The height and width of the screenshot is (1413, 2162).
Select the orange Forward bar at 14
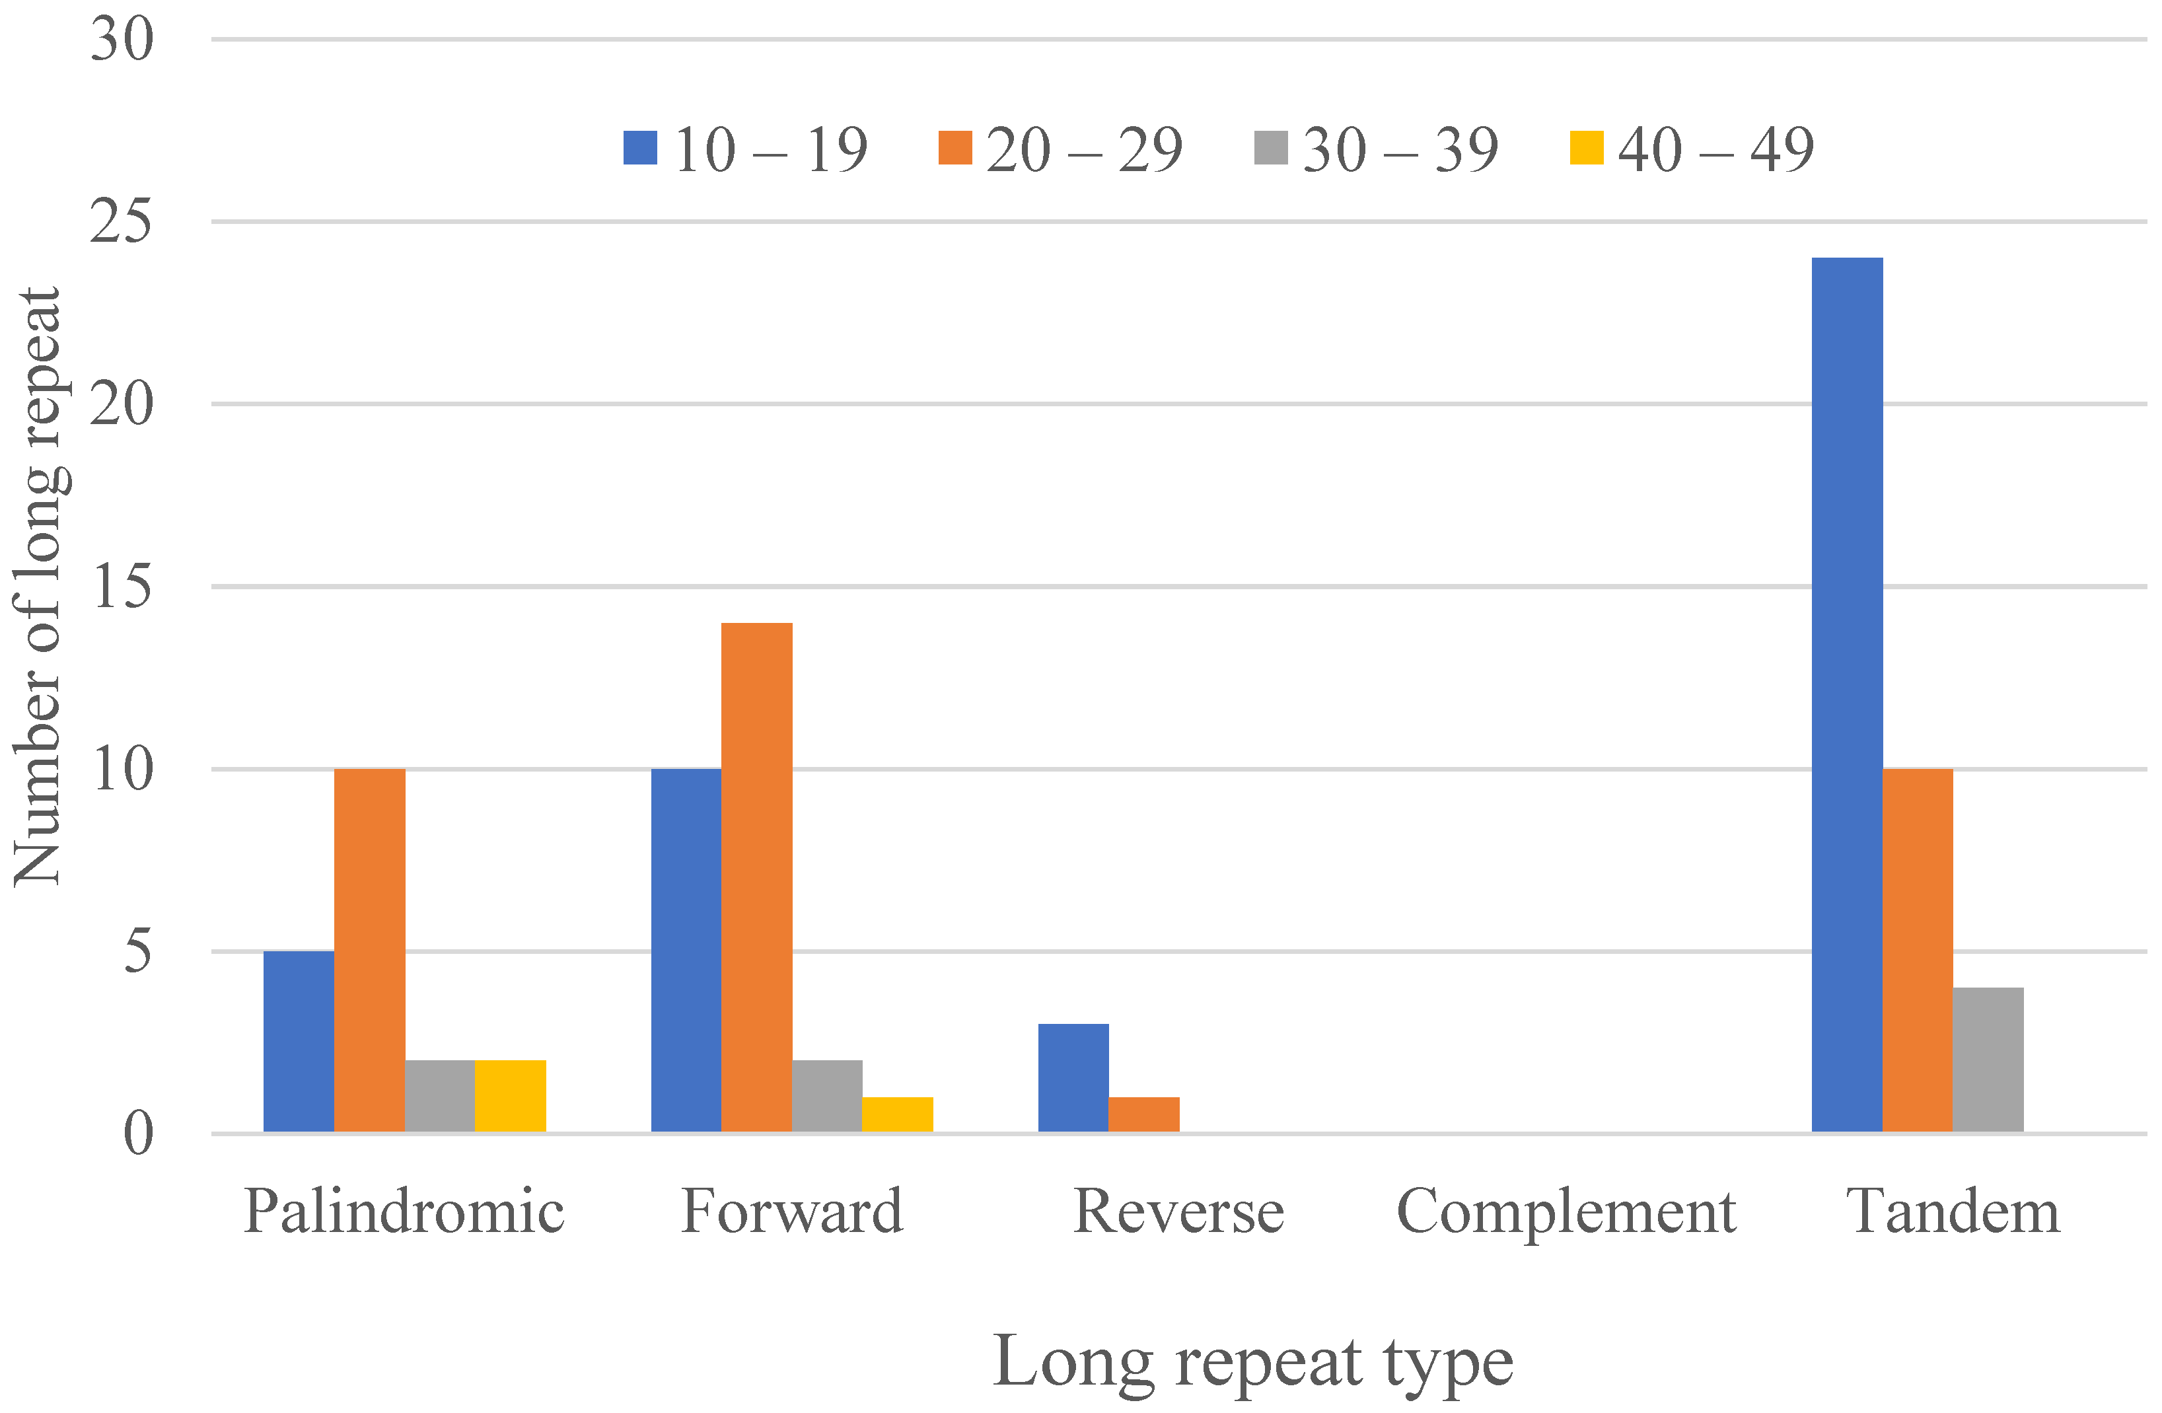tap(757, 877)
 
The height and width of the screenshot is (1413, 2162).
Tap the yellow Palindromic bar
tap(511, 1096)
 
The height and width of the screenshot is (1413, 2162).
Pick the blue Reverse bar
tap(1073, 1077)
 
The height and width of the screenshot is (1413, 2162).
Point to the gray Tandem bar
tap(1988, 1060)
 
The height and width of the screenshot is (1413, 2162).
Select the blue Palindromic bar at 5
tap(299, 1041)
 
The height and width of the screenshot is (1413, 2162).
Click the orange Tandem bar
tap(1917, 951)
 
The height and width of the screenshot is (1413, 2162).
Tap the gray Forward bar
tap(826, 1096)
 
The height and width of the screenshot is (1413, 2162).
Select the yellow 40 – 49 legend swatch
tap(1586, 148)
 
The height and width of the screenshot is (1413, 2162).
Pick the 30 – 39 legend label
tap(1400, 149)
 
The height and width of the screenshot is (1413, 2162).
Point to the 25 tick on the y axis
tap(122, 221)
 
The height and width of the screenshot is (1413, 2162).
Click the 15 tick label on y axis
tap(122, 586)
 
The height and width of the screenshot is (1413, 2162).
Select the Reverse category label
tap(1178, 1212)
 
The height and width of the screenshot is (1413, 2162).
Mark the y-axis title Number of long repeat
tap(38, 586)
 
